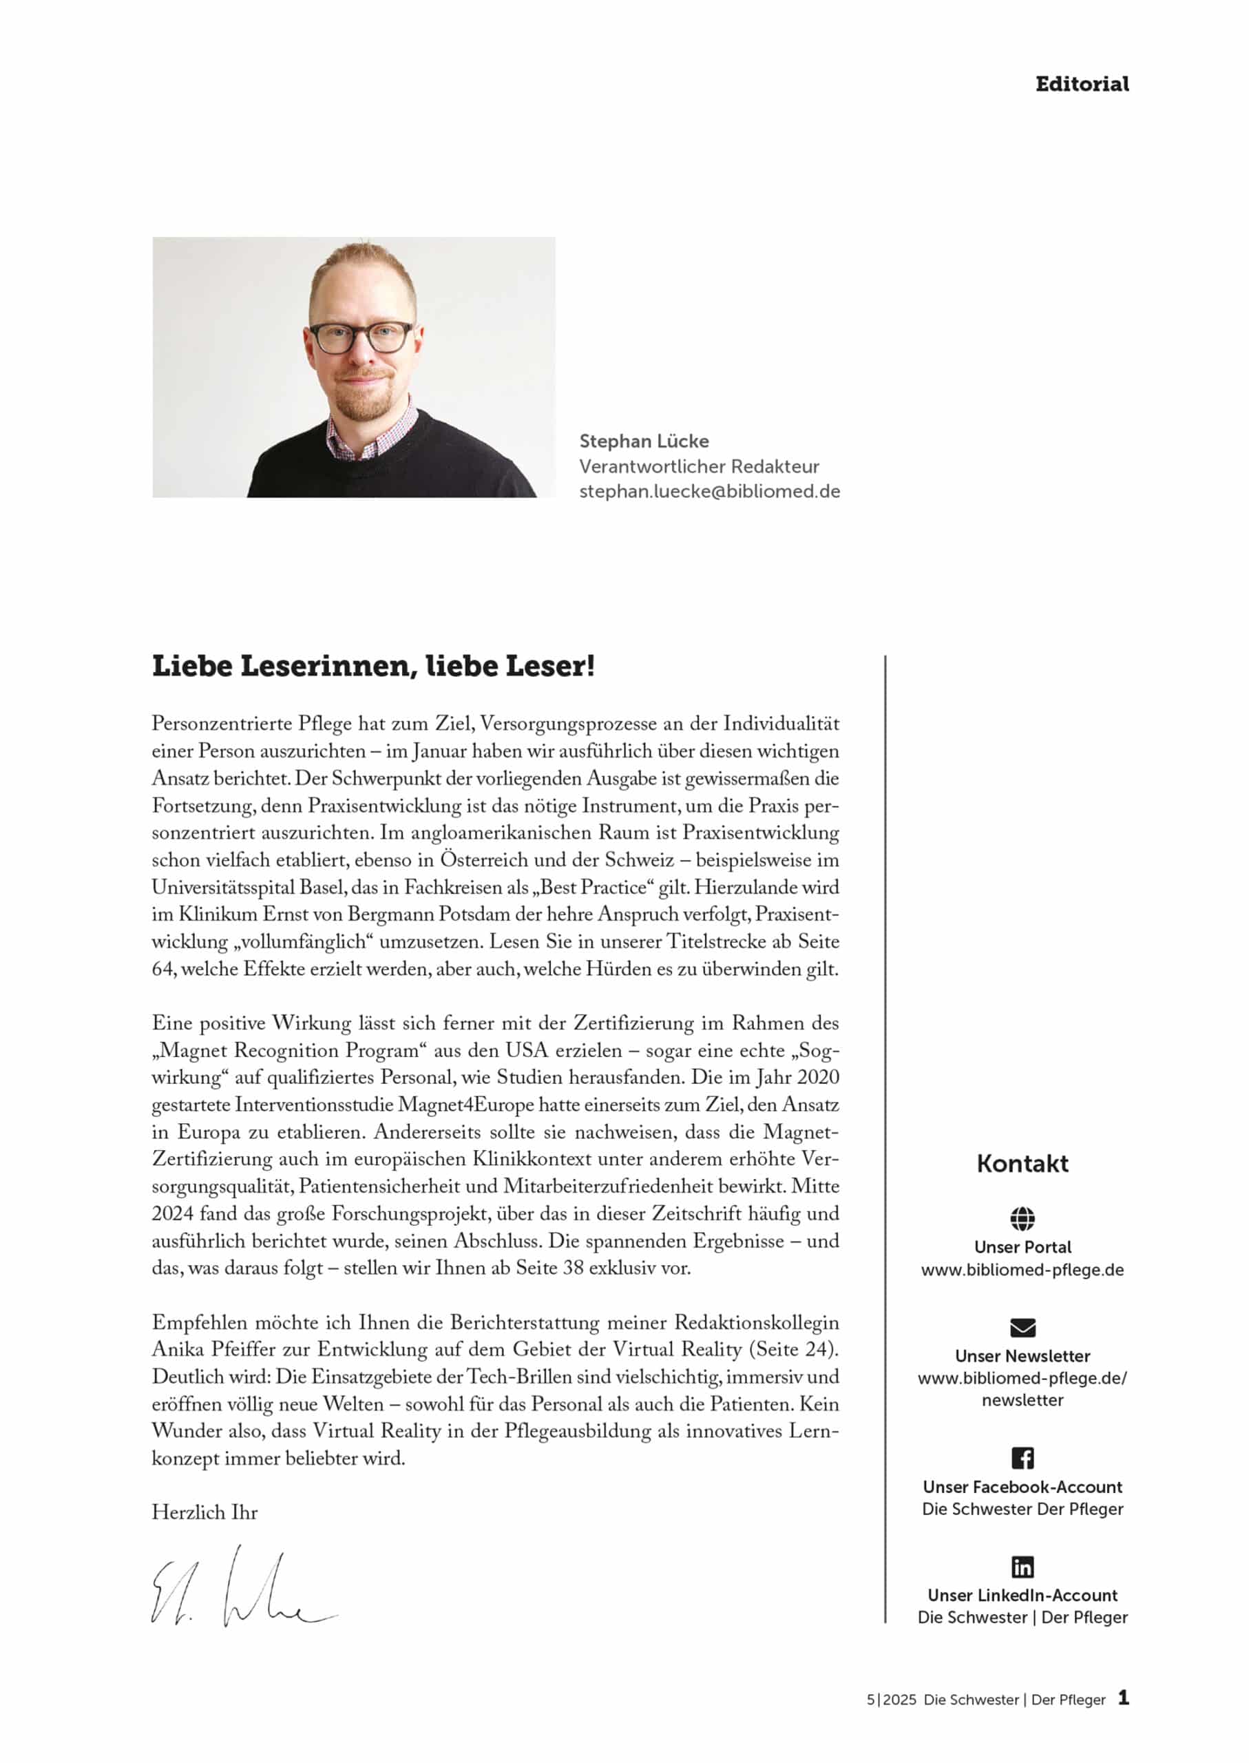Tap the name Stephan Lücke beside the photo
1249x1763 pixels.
tap(644, 441)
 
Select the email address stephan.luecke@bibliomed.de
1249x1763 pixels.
tap(709, 492)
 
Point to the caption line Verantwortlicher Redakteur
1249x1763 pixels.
tap(698, 466)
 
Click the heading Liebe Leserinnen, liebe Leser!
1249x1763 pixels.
tap(373, 666)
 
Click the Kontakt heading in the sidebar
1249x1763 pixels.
tap(1022, 1164)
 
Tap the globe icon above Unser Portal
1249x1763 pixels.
tap(1022, 1218)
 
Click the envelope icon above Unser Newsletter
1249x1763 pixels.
tap(1022, 1328)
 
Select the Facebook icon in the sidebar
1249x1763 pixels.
tap(1022, 1458)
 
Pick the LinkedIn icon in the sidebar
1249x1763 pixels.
tap(1022, 1567)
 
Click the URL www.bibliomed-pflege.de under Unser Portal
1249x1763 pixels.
tap(1022, 1270)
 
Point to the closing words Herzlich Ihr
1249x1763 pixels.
tap(204, 1513)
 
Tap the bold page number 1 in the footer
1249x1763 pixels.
tap(1124, 1698)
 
